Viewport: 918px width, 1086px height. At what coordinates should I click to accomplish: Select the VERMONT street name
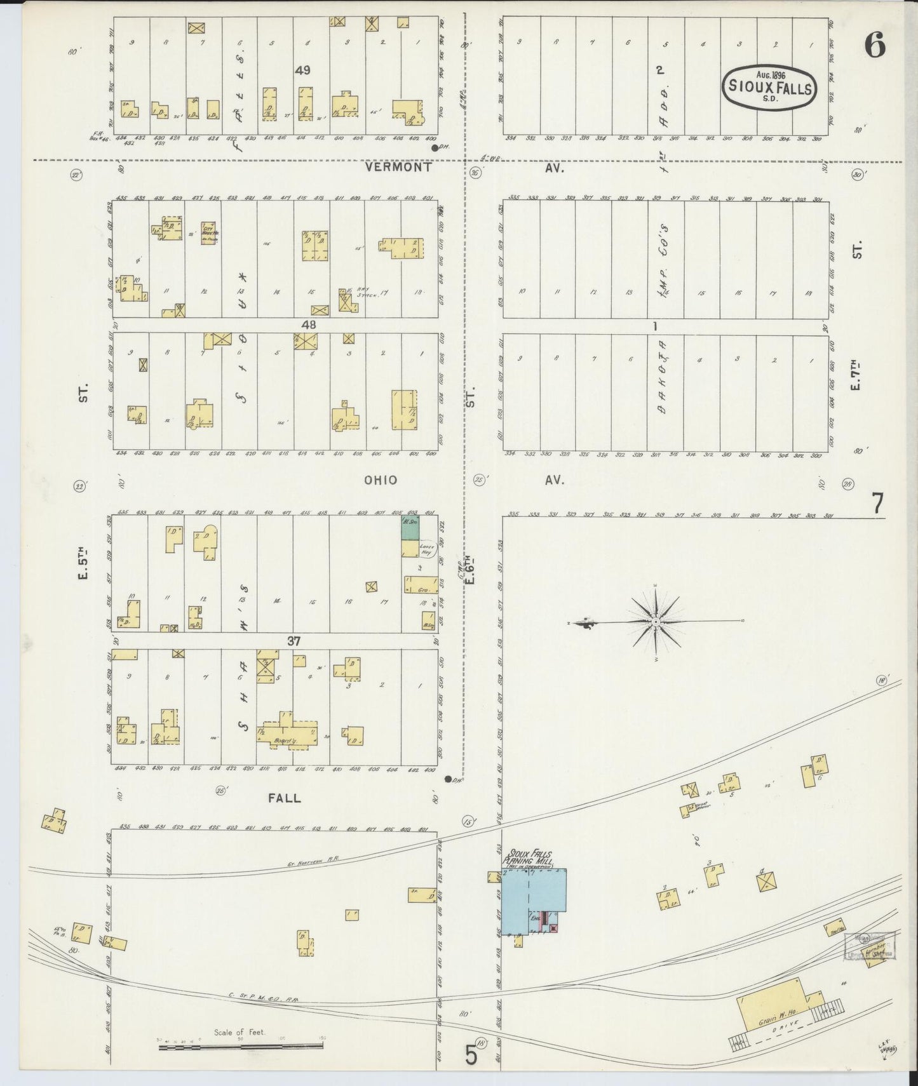pos(398,168)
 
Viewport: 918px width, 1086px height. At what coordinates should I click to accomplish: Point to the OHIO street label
pos(381,480)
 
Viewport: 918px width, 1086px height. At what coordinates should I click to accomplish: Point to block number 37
pos(293,641)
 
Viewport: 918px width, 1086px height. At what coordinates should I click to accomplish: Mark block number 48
pos(309,325)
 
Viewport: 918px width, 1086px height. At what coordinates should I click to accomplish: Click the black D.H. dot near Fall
pos(449,779)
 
